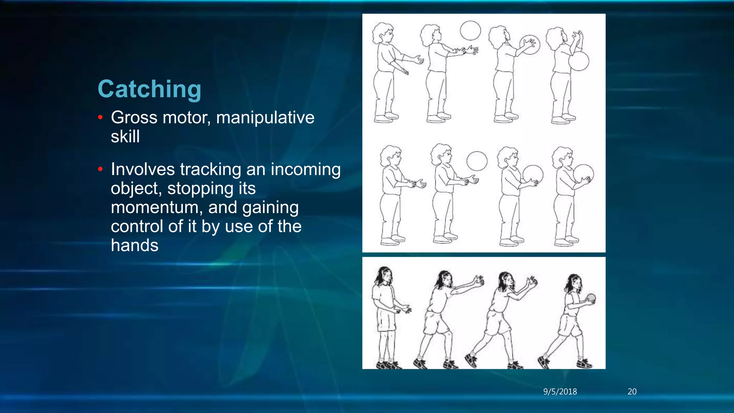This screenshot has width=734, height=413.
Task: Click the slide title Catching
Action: [149, 89]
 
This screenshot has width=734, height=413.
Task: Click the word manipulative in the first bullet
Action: [265, 118]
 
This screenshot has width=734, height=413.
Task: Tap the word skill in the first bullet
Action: [125, 137]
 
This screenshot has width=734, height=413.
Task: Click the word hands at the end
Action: [134, 246]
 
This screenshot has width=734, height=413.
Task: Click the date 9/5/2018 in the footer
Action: [560, 391]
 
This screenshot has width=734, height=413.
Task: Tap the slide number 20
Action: [632, 391]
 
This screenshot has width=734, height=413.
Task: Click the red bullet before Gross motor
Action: [100, 117]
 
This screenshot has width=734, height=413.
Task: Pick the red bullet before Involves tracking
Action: [100, 169]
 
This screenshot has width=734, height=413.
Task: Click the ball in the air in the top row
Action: [470, 30]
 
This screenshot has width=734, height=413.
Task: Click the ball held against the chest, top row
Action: [578, 61]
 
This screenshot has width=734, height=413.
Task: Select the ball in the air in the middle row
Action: [477, 161]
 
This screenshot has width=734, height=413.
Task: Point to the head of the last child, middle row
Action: [563, 157]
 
